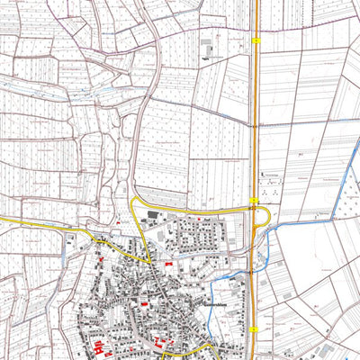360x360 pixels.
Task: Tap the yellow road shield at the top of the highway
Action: [x=256, y=40]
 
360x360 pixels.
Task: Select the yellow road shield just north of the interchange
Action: [x=256, y=200]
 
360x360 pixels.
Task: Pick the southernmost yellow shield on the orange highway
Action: [x=256, y=330]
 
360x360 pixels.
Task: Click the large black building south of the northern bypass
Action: [x=151, y=215]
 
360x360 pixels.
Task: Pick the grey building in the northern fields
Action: [x=207, y=45]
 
